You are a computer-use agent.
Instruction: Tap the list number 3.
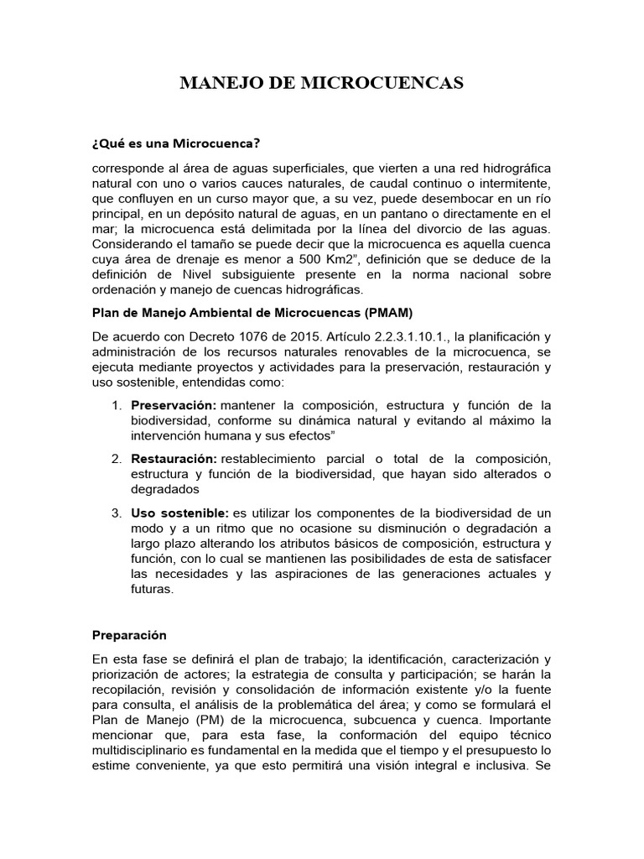(116, 513)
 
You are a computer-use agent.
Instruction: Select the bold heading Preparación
(130, 635)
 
